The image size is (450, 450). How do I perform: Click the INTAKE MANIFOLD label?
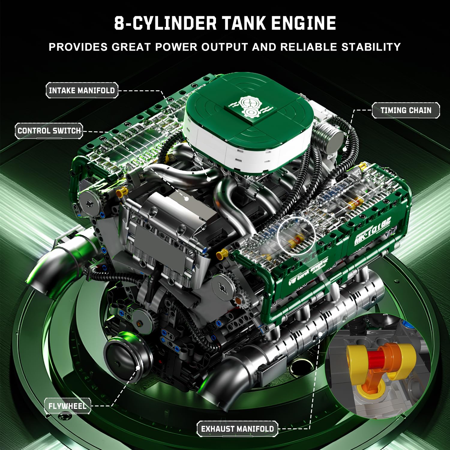click(82, 90)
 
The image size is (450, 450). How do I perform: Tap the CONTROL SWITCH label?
click(49, 131)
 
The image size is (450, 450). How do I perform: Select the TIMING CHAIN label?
click(406, 110)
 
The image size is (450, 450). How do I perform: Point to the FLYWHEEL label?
click(67, 406)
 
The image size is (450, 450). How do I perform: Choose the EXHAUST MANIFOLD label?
click(237, 429)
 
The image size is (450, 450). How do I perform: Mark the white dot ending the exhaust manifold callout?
click(320, 334)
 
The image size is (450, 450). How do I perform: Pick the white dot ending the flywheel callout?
click(138, 367)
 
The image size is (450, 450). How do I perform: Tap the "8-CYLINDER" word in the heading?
click(165, 23)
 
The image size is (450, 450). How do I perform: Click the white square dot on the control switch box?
click(187, 199)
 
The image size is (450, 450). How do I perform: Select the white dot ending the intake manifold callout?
click(209, 179)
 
